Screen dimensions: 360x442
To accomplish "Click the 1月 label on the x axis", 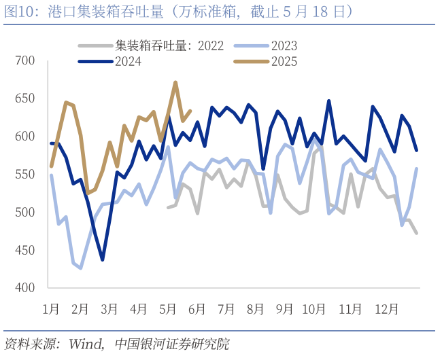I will [x=51, y=308].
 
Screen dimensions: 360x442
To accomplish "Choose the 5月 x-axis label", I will [x=167, y=308].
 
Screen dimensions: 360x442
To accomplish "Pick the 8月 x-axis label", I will [x=255, y=308].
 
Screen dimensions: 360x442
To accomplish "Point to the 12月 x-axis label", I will [x=386, y=308].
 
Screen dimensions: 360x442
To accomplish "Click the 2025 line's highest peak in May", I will [x=175, y=82].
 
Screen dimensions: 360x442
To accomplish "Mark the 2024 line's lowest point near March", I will [x=102, y=259].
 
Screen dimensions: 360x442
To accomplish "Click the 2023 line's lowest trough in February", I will [x=81, y=268].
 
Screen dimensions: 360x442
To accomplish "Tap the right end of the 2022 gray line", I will [x=417, y=233].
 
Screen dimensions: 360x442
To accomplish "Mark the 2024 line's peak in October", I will [x=329, y=101].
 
